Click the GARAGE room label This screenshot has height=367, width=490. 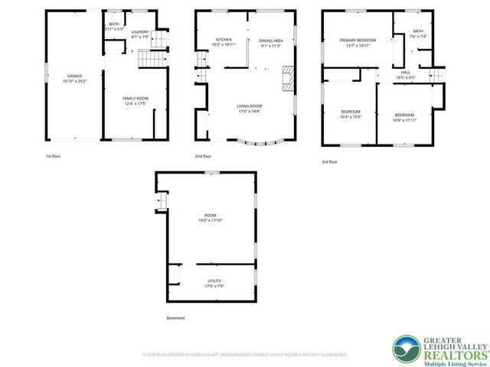[74, 76]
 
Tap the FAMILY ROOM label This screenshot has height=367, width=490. [136, 98]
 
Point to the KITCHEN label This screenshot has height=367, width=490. [224, 40]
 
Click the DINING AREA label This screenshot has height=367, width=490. [271, 41]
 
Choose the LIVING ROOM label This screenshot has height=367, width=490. [249, 106]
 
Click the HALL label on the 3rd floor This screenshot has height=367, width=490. [403, 72]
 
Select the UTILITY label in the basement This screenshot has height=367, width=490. [214, 281]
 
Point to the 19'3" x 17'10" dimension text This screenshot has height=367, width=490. [211, 220]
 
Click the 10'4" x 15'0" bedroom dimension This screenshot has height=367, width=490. [351, 117]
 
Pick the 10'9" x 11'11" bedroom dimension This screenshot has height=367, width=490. [403, 120]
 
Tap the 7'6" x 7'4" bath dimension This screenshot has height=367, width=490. [397, 36]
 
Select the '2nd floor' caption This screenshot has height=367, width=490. [203, 157]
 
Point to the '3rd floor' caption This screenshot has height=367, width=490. [328, 162]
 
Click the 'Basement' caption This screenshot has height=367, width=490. [175, 318]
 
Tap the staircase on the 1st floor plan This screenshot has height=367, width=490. [151, 57]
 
